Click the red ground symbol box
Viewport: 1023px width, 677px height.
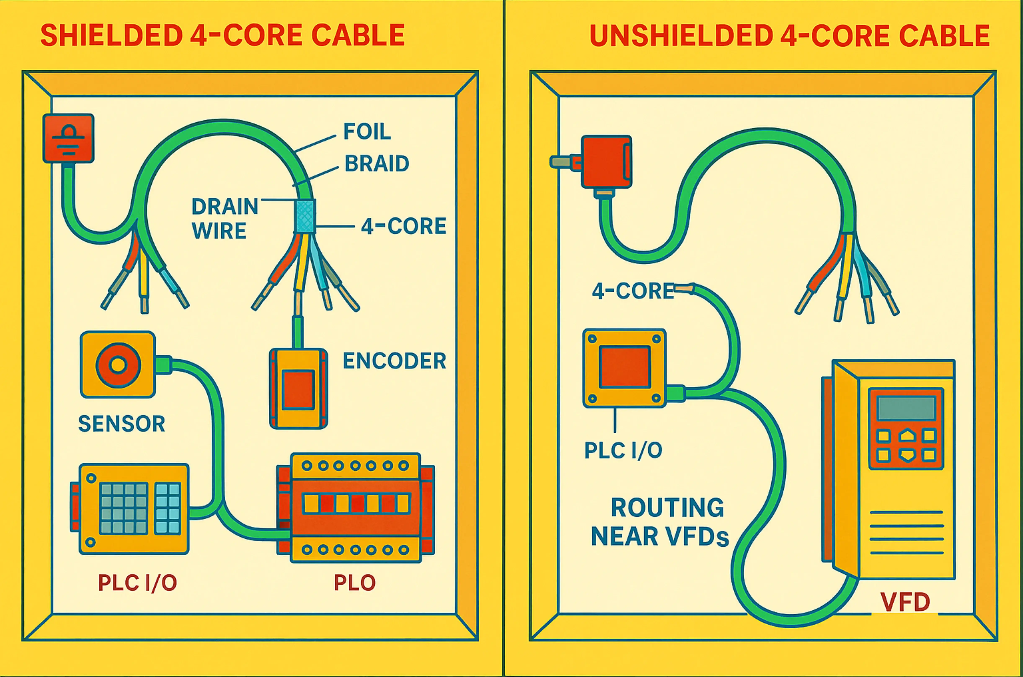(x=68, y=138)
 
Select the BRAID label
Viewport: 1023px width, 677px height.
(x=376, y=164)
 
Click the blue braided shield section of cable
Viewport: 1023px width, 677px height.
(x=305, y=216)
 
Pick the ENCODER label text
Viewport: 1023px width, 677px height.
(x=394, y=361)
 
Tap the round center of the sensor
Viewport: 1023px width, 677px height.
(x=118, y=365)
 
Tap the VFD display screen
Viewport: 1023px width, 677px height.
(x=906, y=408)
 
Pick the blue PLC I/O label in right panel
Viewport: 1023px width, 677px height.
(x=623, y=450)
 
